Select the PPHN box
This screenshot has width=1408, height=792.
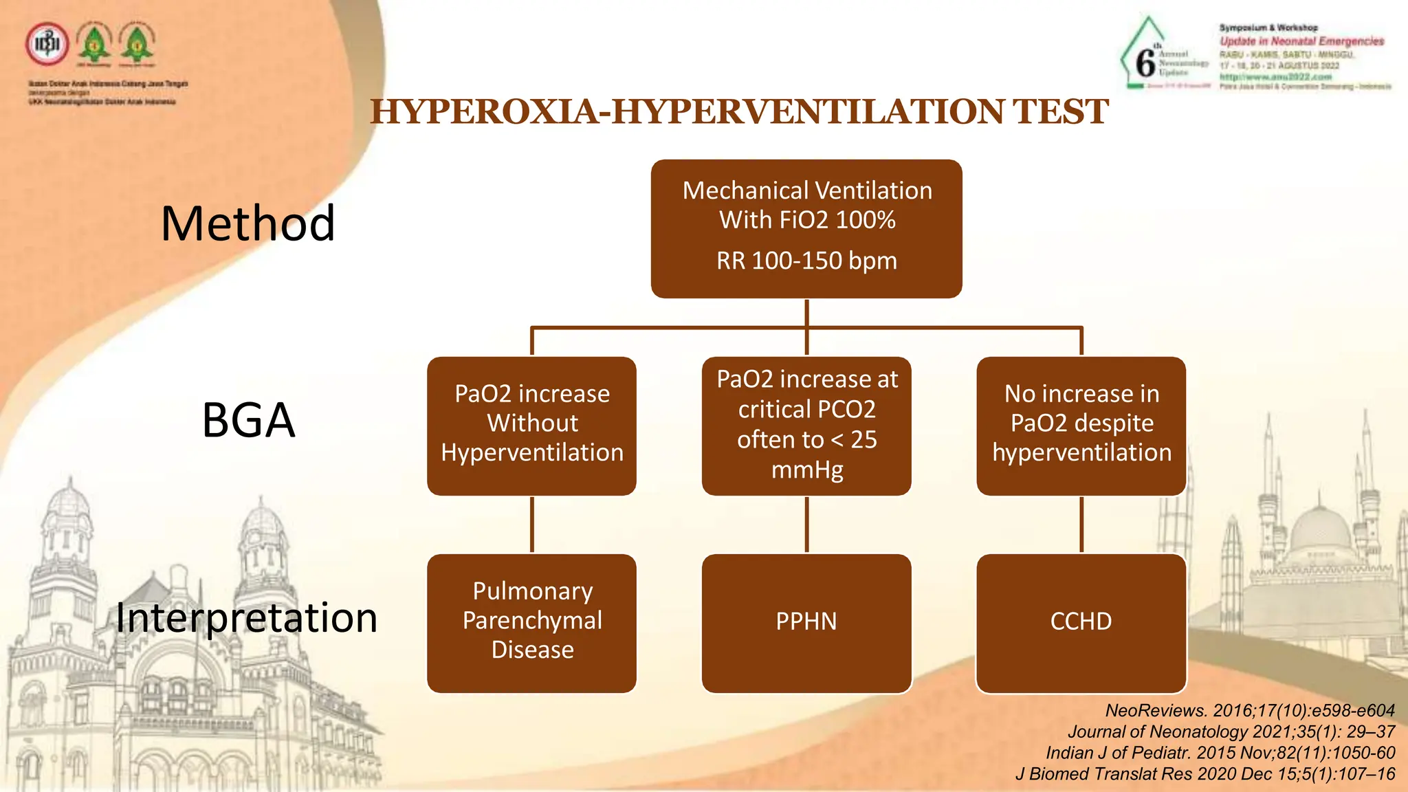point(806,622)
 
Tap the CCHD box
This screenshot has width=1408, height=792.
point(1081,622)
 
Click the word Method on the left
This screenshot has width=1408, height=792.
point(247,224)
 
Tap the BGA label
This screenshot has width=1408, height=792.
point(248,420)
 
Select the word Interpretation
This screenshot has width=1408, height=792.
point(246,617)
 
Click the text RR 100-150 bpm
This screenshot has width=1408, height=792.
point(806,261)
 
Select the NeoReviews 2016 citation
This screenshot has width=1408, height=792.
point(1249,710)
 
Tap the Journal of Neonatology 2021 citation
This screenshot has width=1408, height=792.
point(1231,731)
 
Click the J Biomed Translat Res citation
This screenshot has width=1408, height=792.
point(1204,774)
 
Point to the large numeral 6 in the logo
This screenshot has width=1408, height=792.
point(1145,63)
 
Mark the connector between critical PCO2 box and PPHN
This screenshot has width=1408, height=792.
point(806,525)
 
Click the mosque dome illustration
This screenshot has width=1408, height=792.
point(1320,529)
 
